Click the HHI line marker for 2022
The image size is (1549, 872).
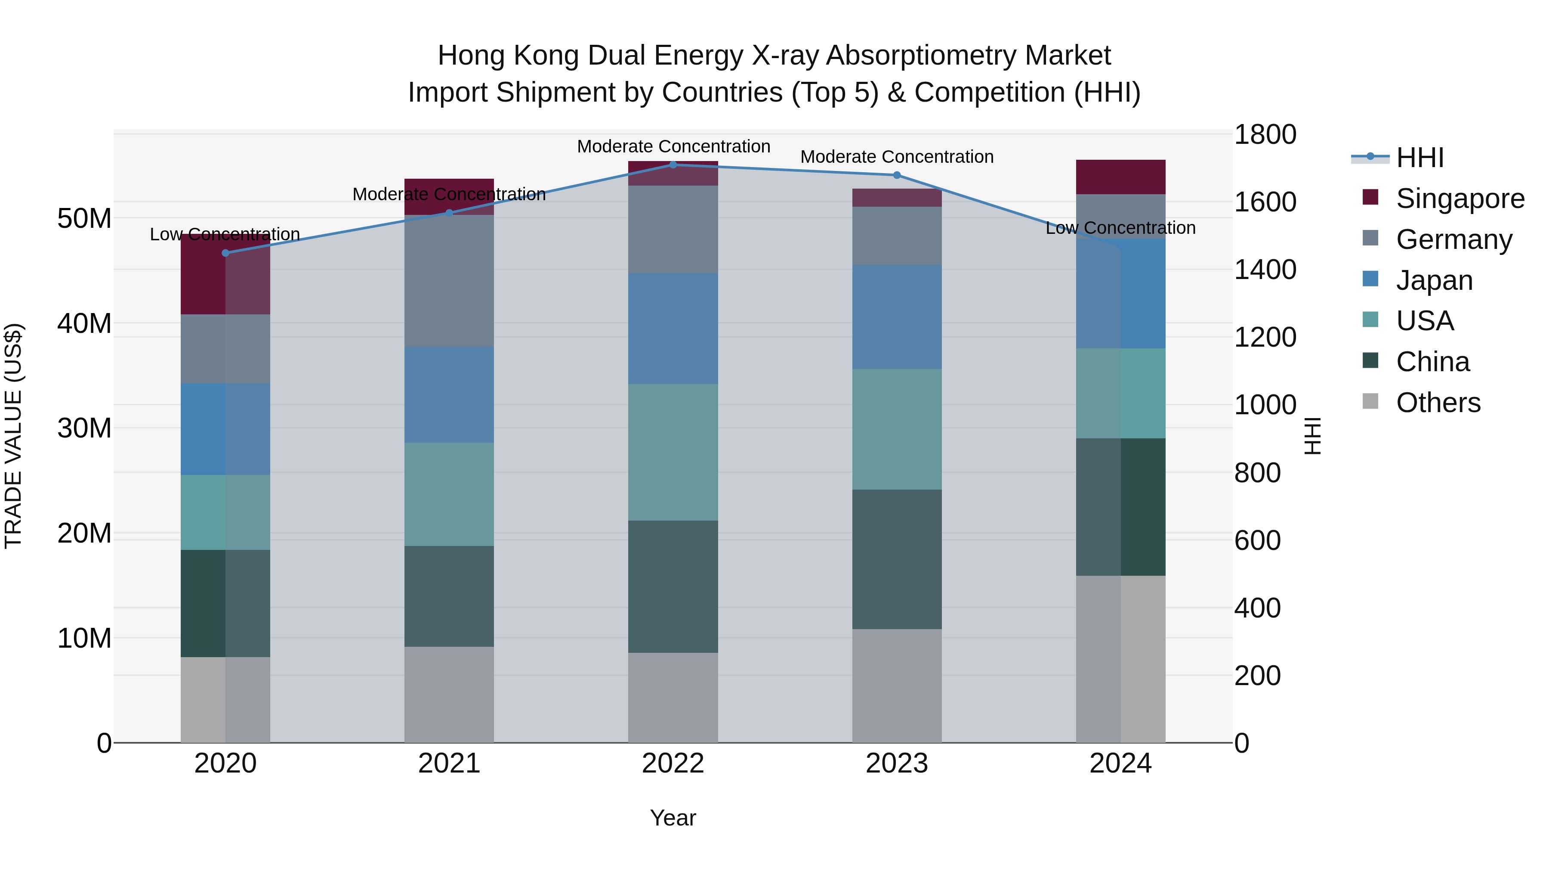click(x=673, y=165)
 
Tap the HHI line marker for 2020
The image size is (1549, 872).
click(x=225, y=253)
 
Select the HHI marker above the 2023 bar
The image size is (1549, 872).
click(x=897, y=175)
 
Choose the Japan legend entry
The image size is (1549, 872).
click(x=1434, y=280)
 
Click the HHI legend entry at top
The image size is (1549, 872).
click(x=1419, y=158)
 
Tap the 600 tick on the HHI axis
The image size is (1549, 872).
click(x=1257, y=540)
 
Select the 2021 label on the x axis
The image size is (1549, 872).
click(x=449, y=763)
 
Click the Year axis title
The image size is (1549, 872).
click(x=673, y=818)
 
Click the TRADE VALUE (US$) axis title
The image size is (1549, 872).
click(x=13, y=436)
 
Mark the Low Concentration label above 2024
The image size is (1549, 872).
click(x=1120, y=228)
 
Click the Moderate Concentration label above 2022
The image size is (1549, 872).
click(x=673, y=146)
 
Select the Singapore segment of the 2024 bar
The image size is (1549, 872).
click(x=1120, y=177)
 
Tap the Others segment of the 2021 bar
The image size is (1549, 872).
click(x=449, y=695)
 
